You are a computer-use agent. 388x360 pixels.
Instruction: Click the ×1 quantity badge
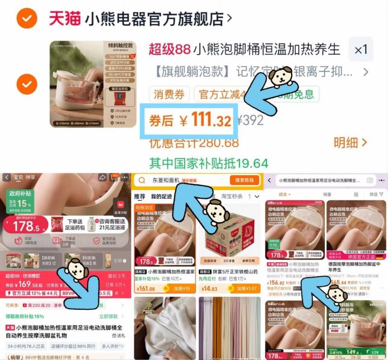tap(361, 49)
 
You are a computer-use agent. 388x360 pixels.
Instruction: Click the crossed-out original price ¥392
tap(250, 120)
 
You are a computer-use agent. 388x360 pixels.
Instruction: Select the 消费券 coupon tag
tap(169, 94)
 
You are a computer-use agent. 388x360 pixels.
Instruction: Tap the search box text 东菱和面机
tap(165, 180)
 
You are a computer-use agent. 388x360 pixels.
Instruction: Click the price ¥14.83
tap(212, 289)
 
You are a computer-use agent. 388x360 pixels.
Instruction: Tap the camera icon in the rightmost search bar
tap(370, 180)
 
